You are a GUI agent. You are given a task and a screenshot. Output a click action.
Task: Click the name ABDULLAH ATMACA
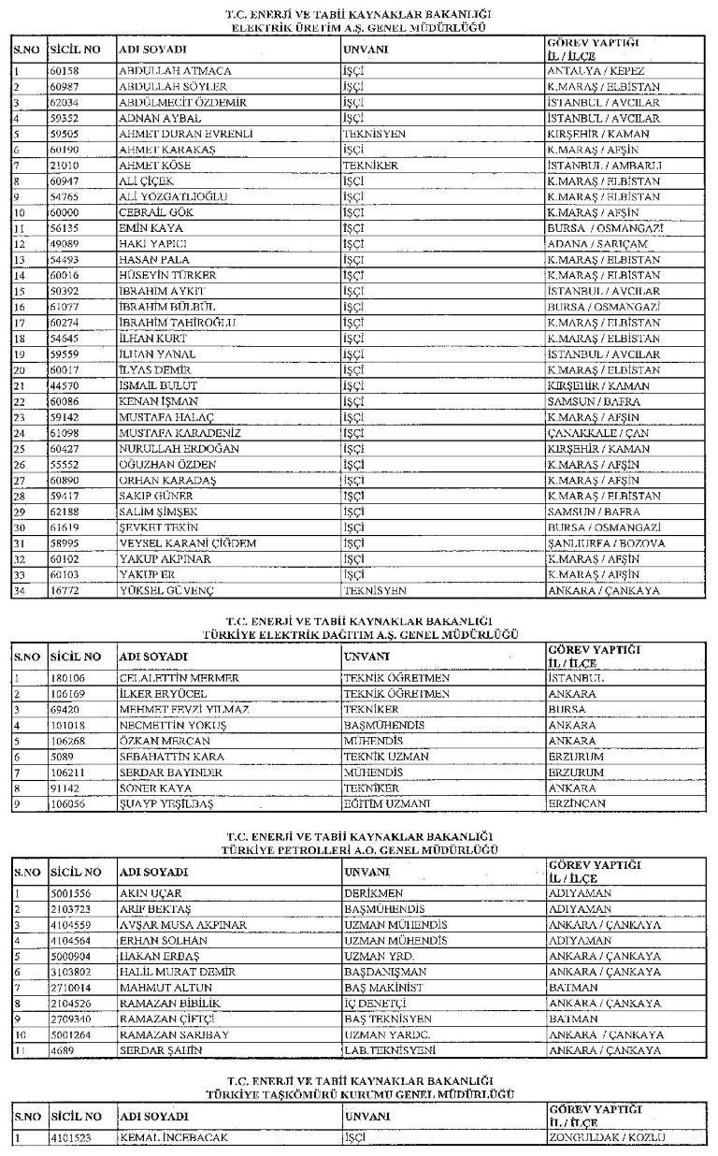tap(175, 71)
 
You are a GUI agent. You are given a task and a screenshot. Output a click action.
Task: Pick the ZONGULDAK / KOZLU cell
tap(606, 1137)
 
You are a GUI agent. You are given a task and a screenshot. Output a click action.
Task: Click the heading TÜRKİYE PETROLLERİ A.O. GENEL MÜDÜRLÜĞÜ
tap(359, 849)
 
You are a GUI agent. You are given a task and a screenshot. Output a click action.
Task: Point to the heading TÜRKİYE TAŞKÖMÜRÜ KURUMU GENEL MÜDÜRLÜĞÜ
tap(359, 1093)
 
